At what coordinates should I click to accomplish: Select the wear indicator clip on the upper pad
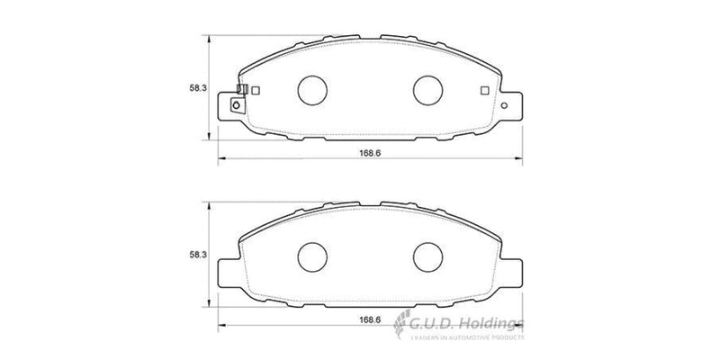(x=241, y=90)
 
